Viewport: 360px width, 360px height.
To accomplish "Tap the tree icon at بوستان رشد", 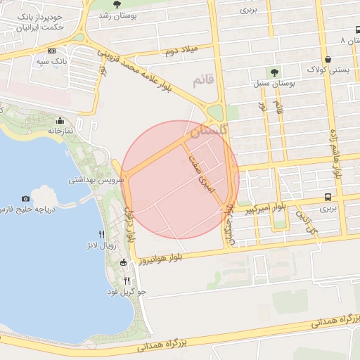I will point(116,5).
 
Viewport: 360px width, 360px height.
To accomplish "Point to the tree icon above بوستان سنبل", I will point(273,72).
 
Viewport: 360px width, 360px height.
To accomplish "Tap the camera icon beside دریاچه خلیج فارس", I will point(26,200).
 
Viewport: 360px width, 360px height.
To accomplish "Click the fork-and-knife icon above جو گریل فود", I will point(127,280).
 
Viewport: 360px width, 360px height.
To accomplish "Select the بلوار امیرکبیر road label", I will point(265,208).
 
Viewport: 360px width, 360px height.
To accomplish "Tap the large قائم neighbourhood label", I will point(204,82).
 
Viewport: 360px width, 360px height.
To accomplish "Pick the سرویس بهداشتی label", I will point(96,180).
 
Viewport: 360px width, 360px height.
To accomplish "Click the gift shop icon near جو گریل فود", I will point(124,263).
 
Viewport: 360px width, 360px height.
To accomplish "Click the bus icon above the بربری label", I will point(329,198).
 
